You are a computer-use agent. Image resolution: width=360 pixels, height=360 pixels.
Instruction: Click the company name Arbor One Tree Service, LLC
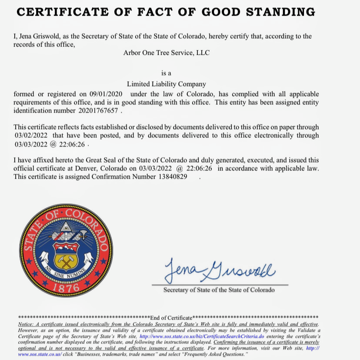tap(166, 53)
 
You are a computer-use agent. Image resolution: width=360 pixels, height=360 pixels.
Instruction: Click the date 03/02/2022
tap(31, 135)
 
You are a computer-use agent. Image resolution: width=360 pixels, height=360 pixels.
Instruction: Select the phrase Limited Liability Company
tap(166, 84)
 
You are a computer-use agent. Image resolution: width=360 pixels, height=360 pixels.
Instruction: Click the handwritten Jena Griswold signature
tap(219, 269)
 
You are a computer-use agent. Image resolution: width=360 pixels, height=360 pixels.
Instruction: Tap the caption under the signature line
tap(219, 290)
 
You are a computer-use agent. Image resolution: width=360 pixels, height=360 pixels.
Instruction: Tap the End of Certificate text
tap(171, 318)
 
